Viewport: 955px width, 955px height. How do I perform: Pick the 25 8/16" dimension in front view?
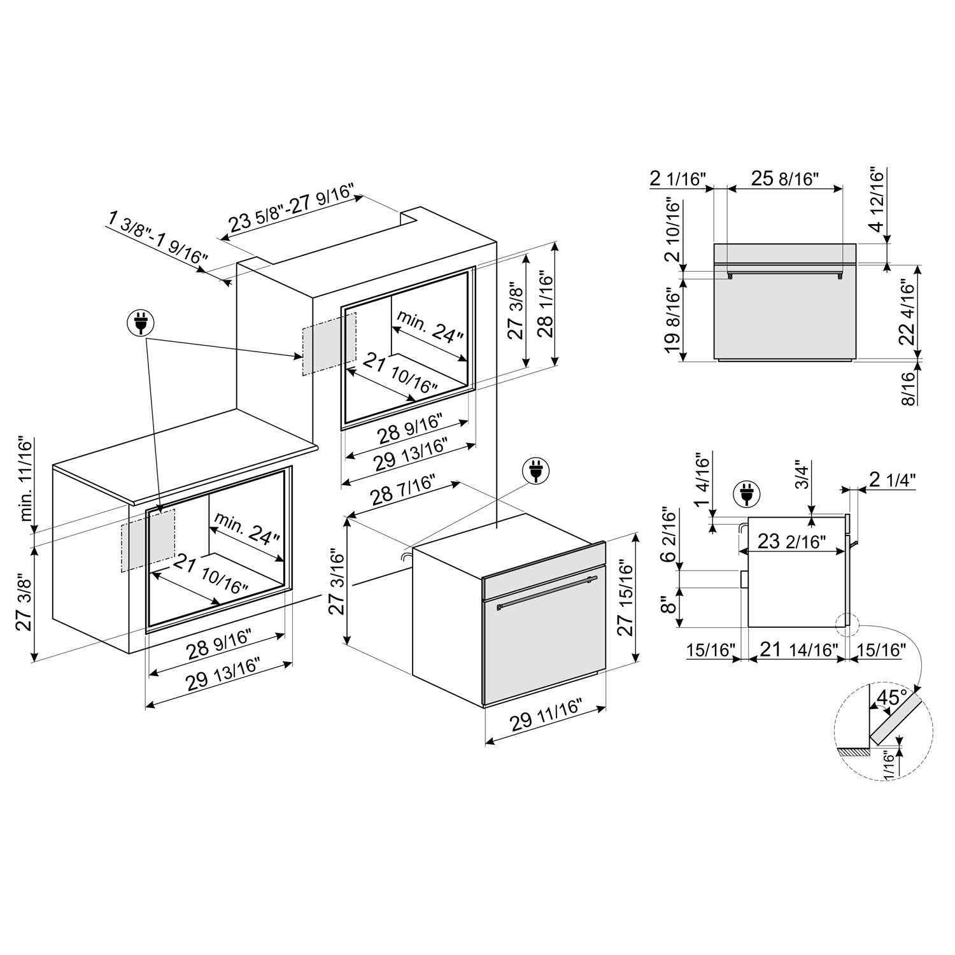pyautogui.click(x=784, y=179)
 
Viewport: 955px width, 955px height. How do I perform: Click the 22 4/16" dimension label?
pyautogui.click(x=909, y=313)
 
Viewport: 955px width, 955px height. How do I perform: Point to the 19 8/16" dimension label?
pyautogui.click(x=672, y=323)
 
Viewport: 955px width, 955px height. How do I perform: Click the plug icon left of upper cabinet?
pyautogui.click(x=140, y=323)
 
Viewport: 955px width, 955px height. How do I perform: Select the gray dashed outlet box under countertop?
pyautogui.click(x=148, y=540)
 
